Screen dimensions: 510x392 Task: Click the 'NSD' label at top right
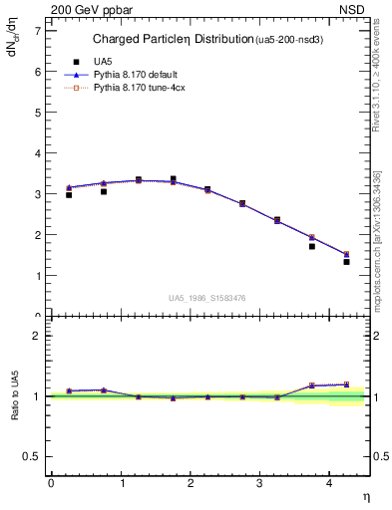358,8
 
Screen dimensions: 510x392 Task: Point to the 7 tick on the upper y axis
40,31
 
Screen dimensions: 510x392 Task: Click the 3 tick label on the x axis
259,482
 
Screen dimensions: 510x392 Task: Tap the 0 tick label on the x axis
51,482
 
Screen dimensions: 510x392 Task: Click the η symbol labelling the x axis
365,495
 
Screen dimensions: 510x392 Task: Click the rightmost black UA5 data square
346,262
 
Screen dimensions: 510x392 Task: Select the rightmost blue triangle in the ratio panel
346,384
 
